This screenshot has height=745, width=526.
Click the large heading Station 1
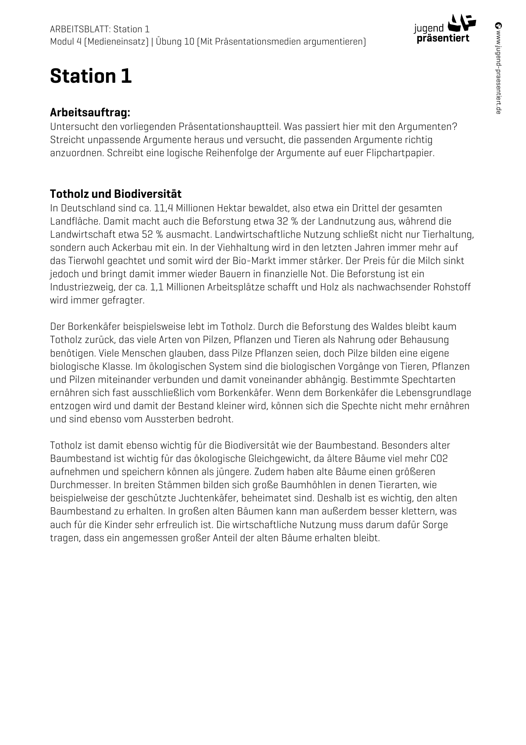[x=91, y=76]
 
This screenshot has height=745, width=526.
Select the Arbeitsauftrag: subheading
[x=90, y=113]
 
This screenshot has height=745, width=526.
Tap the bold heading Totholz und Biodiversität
[x=115, y=194]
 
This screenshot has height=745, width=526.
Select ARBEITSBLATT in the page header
[x=79, y=29]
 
